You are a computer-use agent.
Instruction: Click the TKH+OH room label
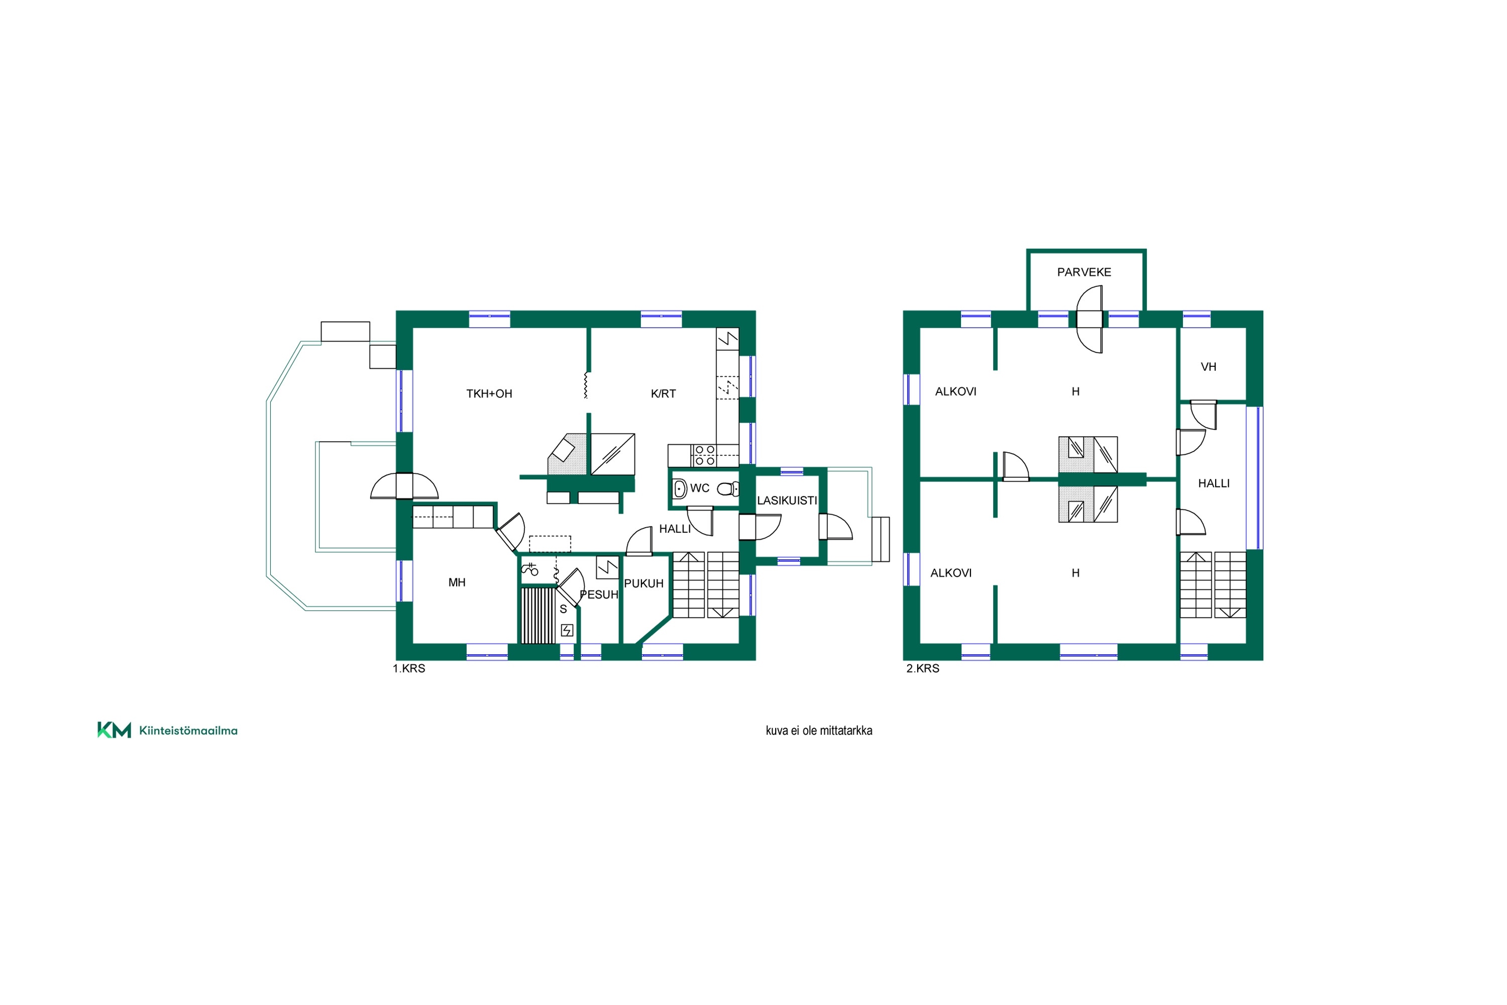489,393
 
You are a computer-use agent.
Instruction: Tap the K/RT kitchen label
663,393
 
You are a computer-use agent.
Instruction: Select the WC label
700,488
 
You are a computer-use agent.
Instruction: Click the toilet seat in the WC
727,489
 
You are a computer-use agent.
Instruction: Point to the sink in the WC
680,489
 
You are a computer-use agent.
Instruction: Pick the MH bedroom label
457,582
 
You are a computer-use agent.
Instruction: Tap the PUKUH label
643,583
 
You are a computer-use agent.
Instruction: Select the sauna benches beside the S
538,615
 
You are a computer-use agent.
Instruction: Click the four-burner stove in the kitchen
705,455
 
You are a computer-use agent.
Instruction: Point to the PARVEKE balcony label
1084,272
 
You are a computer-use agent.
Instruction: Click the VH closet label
1209,367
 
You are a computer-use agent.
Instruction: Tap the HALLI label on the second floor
1214,483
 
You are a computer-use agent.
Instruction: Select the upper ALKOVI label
955,391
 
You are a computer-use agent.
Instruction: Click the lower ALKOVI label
951,572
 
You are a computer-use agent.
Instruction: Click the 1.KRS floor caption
409,668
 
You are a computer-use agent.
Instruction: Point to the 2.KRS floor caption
923,668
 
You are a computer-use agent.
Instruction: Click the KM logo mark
114,730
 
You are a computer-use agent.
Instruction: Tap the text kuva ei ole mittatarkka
819,730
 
